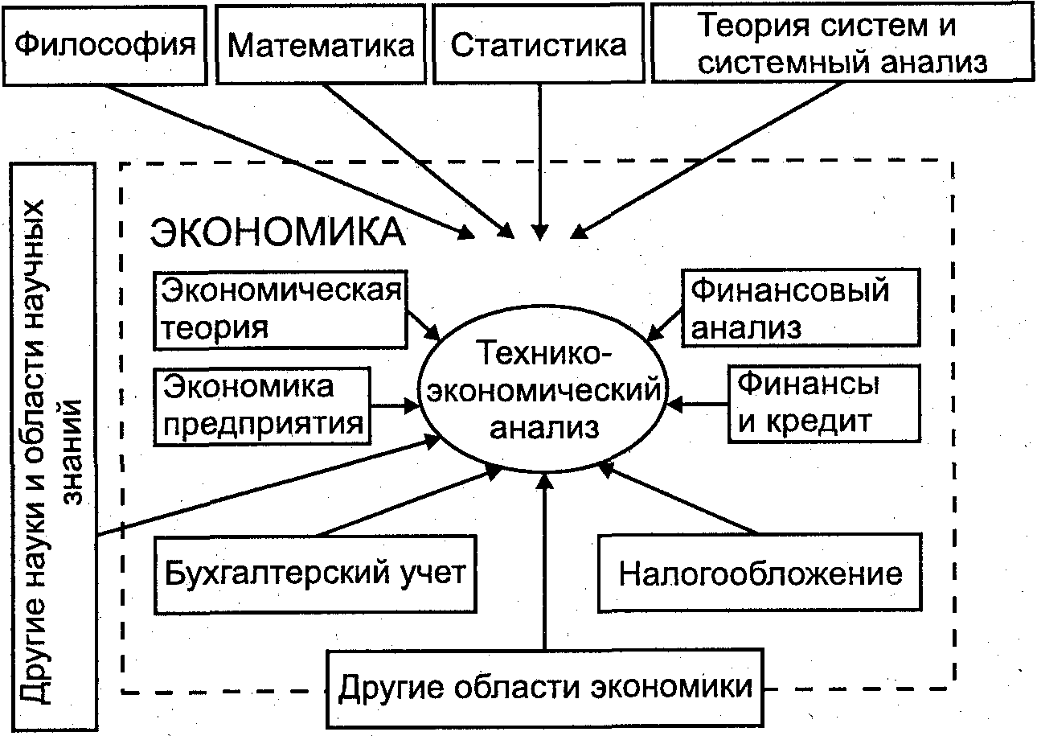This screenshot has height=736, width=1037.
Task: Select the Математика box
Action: point(321,43)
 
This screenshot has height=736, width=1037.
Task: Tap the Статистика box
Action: point(539,43)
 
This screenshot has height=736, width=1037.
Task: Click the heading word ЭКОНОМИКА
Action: point(278,233)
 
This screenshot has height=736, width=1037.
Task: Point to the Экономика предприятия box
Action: point(264,405)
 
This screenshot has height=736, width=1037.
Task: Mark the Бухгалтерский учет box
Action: point(315,574)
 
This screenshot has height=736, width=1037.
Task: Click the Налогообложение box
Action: point(760,574)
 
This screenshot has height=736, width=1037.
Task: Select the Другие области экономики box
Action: point(546,688)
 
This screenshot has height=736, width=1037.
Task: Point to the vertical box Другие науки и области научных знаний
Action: point(54,446)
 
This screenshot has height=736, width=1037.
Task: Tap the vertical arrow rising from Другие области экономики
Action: point(545,563)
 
